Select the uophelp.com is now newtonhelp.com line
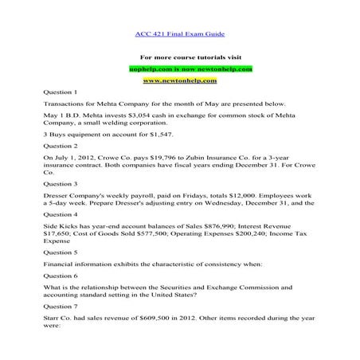coord(179,69)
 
